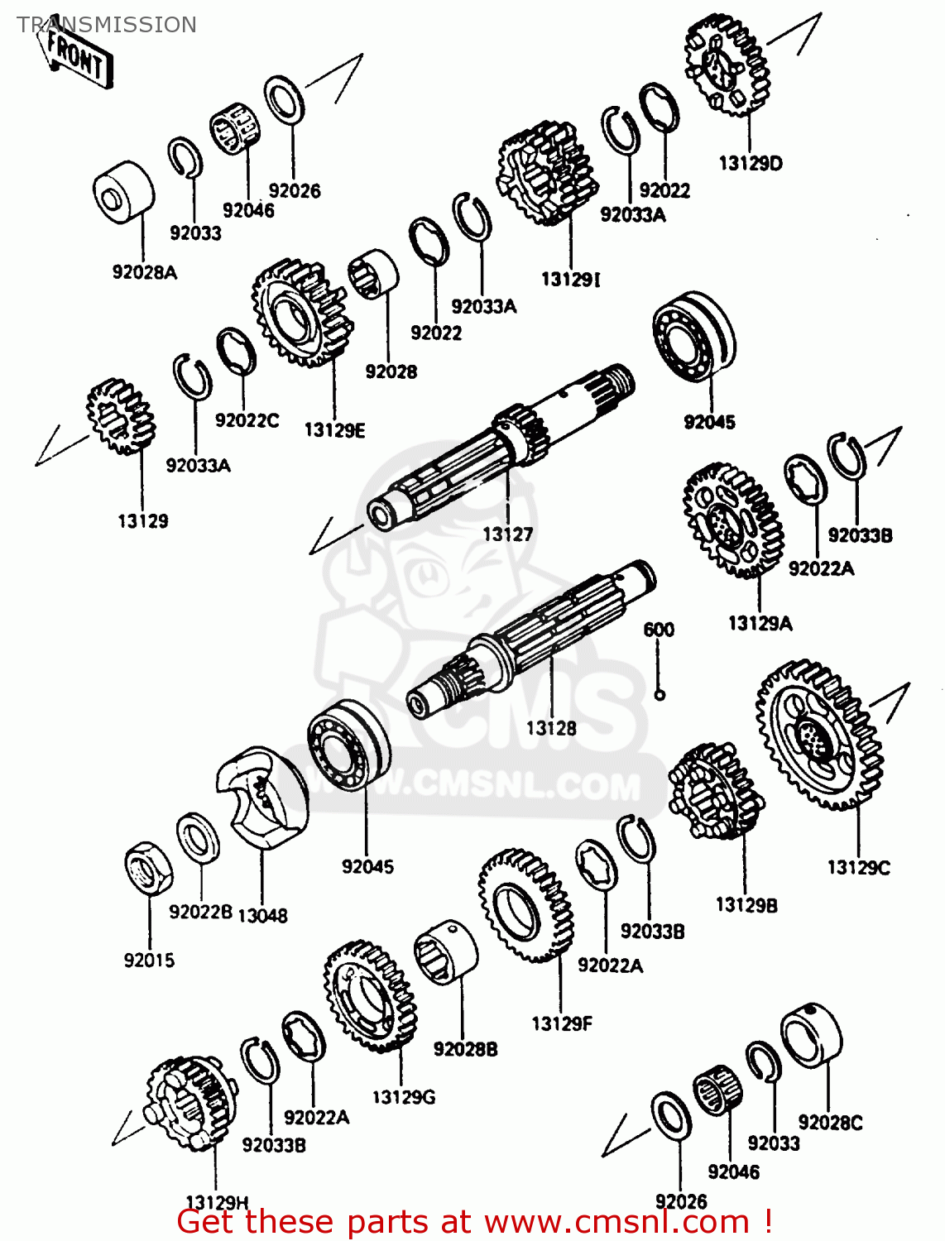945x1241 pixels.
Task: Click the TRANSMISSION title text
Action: pyautogui.click(x=107, y=25)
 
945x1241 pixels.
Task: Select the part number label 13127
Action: pyautogui.click(x=507, y=534)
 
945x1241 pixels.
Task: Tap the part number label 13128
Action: pyautogui.click(x=551, y=728)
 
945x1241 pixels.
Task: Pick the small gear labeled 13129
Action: pyautogui.click(x=119, y=417)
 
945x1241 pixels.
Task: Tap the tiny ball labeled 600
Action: pyautogui.click(x=660, y=695)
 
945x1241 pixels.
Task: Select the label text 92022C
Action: pyautogui.click(x=247, y=420)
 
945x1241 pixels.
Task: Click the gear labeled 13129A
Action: pyautogui.click(x=732, y=520)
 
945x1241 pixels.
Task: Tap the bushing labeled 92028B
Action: pyautogui.click(x=446, y=951)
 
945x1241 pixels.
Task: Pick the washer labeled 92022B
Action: pyautogui.click(x=198, y=837)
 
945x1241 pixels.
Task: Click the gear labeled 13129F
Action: pyautogui.click(x=525, y=904)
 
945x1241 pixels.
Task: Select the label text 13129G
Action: pyautogui.click(x=403, y=1097)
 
